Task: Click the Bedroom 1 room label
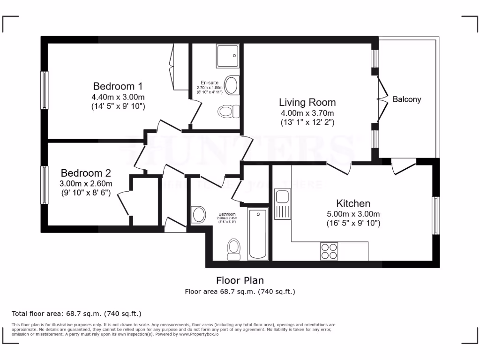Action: coord(118,87)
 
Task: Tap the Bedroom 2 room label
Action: coord(85,173)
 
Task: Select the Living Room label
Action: coord(307,102)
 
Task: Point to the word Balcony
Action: coord(407,99)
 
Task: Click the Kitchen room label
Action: coord(353,203)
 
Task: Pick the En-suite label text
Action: coord(210,83)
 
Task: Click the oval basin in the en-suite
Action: coord(232,85)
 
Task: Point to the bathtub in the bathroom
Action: coord(258,234)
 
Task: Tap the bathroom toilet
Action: coord(233,248)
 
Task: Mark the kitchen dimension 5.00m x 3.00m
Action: coord(353,214)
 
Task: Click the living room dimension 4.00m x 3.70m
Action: coord(307,113)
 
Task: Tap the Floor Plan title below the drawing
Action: coord(240,280)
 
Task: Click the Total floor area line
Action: coord(76,313)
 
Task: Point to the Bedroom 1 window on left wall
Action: coord(45,90)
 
